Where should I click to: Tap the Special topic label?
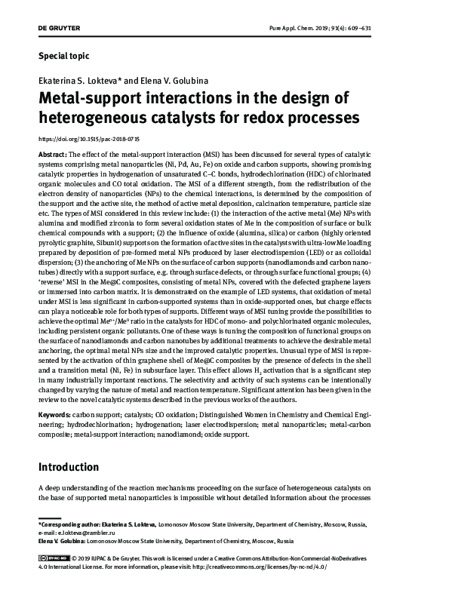(x=63, y=55)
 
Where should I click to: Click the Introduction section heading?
(x=69, y=467)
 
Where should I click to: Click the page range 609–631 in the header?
(x=397, y=26)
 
